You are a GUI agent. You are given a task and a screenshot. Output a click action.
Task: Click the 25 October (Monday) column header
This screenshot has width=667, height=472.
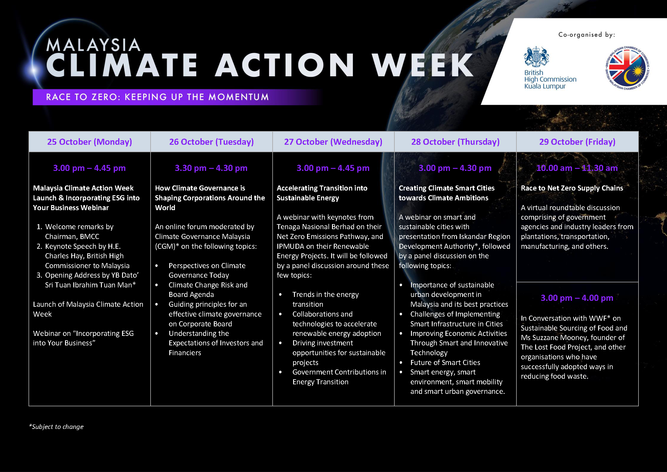pyautogui.click(x=89, y=142)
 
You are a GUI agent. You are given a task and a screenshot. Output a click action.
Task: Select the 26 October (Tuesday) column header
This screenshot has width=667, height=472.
pyautogui.click(x=211, y=142)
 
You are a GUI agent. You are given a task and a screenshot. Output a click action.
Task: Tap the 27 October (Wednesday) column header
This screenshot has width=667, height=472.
pyautogui.click(x=333, y=142)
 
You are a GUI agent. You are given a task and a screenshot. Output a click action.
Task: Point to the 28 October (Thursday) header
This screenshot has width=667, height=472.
pyautogui.click(x=455, y=142)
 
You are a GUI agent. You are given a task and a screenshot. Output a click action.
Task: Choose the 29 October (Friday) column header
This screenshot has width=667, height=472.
pyautogui.click(x=577, y=142)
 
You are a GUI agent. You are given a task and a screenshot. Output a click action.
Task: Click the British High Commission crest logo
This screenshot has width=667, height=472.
pyautogui.click(x=536, y=56)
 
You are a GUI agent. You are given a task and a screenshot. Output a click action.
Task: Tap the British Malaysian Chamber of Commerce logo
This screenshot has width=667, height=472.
pyautogui.click(x=627, y=68)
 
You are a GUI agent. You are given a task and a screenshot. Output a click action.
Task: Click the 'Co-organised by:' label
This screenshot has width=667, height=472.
pyautogui.click(x=587, y=35)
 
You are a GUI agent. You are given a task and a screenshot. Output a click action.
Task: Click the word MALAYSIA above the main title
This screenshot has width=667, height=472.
pyautogui.click(x=93, y=45)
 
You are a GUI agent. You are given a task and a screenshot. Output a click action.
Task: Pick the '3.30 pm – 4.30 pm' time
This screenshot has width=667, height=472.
pyautogui.click(x=211, y=168)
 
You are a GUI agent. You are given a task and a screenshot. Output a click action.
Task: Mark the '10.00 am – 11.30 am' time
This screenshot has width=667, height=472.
pyautogui.click(x=577, y=168)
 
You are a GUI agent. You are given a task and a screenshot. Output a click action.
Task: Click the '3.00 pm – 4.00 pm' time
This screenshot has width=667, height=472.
pyautogui.click(x=577, y=298)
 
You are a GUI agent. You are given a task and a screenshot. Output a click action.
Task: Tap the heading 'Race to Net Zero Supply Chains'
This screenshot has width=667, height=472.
pyautogui.click(x=572, y=188)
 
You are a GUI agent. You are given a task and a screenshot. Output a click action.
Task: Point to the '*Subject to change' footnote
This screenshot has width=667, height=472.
pyautogui.click(x=56, y=427)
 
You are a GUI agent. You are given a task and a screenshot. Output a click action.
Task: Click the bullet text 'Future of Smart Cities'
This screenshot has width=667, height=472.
pyautogui.click(x=445, y=362)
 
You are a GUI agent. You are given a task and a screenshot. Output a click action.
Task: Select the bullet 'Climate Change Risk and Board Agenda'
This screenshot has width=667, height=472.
pyautogui.click(x=208, y=290)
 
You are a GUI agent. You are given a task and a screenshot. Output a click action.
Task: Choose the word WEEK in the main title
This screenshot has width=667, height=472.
pyautogui.click(x=423, y=65)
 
